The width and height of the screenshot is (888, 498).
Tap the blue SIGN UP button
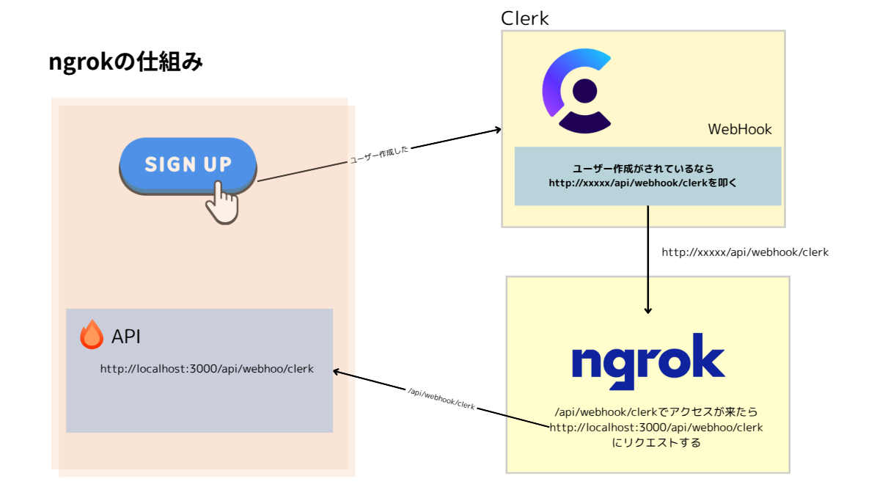point(188,164)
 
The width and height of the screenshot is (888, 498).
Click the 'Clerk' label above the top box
point(524,18)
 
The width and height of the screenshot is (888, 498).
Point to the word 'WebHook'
point(739,130)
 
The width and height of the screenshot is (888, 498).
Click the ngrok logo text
point(647,359)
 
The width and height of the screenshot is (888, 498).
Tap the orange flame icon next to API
point(92,335)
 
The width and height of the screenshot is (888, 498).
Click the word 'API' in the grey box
point(126,337)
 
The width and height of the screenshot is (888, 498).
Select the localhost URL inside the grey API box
point(207,369)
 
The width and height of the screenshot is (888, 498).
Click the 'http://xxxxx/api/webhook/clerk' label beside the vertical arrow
point(745,252)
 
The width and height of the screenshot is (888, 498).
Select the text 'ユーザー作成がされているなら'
point(647,169)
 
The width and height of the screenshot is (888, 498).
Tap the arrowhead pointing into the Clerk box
point(498,130)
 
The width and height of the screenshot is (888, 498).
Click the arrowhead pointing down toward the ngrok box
point(647,310)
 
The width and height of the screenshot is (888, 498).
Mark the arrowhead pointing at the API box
point(337,371)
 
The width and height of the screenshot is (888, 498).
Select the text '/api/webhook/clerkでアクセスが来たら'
point(656,412)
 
